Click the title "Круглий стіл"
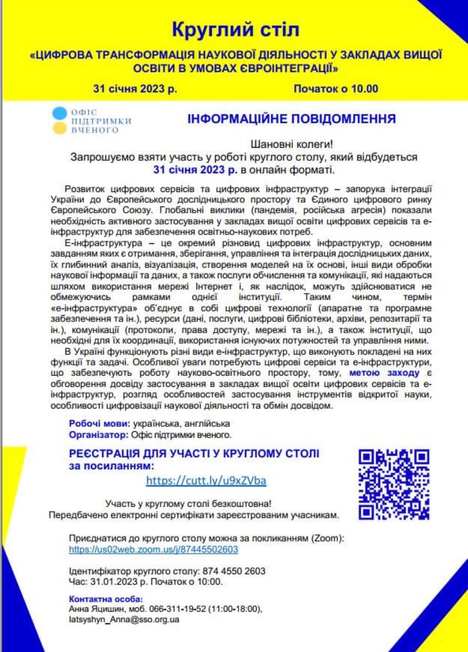(235, 30)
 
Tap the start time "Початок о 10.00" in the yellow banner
(336, 89)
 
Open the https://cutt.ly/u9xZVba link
(206, 480)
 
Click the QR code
(394, 483)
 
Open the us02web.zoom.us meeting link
(153, 550)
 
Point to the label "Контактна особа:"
(105, 599)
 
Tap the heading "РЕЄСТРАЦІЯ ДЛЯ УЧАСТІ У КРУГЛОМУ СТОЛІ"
(195, 454)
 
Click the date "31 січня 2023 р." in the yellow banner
(135, 89)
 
